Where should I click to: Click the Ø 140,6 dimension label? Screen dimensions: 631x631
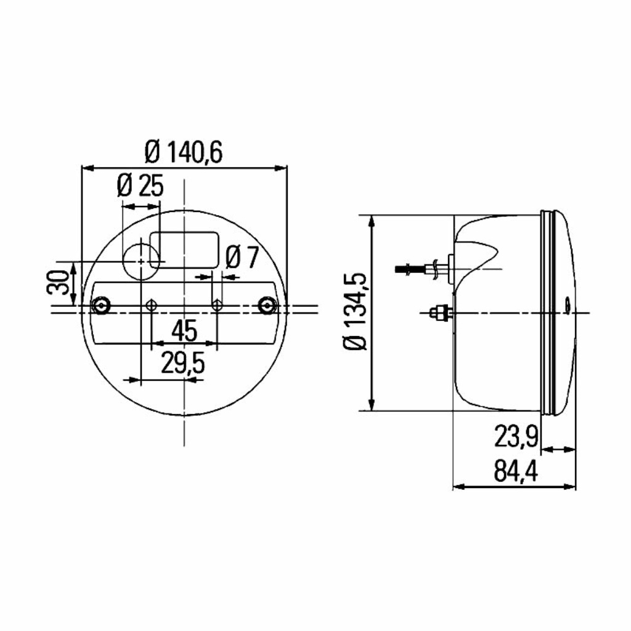pyautogui.click(x=184, y=152)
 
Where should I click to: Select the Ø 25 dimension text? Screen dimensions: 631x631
pyautogui.click(x=140, y=185)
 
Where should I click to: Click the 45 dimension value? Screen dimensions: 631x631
pyautogui.click(x=184, y=331)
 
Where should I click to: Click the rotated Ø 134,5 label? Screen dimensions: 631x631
pyautogui.click(x=356, y=311)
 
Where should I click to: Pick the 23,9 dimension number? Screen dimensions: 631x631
pyautogui.click(x=516, y=437)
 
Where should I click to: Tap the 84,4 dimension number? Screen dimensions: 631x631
pyautogui.click(x=516, y=471)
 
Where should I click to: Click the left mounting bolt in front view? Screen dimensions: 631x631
pyautogui.click(x=101, y=306)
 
